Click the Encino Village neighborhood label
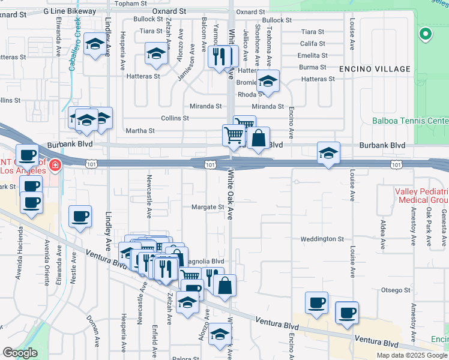tap(375, 69)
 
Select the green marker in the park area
tap(426, 34)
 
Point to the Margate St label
tap(207, 208)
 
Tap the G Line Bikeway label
tap(71, 11)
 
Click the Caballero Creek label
tap(74, 45)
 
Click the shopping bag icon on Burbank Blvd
tap(258, 138)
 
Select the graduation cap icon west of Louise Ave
tap(329, 153)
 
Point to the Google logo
tap(20, 352)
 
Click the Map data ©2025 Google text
tap(412, 355)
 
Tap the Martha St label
tap(140, 130)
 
